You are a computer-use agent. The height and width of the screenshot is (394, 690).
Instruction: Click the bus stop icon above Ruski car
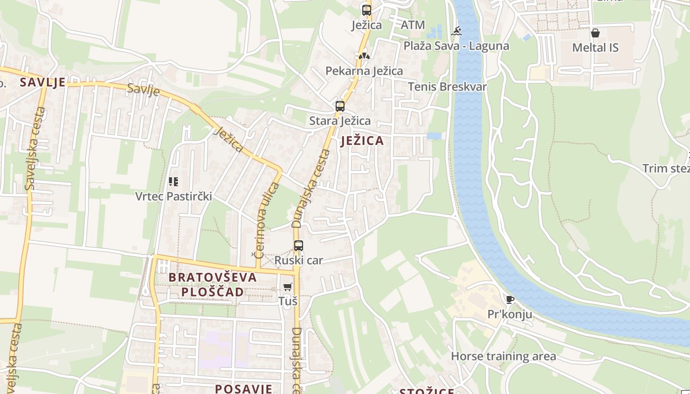coord(298,245)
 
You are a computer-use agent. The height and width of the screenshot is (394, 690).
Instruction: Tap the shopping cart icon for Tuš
coord(288,287)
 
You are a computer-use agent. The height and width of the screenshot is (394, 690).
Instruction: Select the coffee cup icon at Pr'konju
coord(510,299)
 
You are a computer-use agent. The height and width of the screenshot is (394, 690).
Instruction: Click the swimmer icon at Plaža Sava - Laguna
coord(457,32)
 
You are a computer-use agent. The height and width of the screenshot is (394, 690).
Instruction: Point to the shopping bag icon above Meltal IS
coord(595,33)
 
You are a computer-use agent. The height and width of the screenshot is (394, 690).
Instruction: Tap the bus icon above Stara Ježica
coord(340,106)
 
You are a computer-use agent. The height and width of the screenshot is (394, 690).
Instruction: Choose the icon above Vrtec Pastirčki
coord(173,182)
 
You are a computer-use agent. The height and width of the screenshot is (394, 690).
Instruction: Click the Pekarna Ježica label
coord(364,71)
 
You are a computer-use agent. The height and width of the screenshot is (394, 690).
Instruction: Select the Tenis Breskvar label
coord(447,87)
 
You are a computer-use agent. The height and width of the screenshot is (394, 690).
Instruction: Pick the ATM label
coord(413,25)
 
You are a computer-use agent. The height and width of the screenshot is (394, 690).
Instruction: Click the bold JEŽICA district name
coord(362,141)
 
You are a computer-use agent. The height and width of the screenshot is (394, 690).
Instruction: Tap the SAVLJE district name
coord(42,82)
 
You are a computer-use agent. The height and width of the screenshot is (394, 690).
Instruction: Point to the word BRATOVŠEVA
coord(213,277)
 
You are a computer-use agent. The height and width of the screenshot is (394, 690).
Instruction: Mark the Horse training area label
coord(503,356)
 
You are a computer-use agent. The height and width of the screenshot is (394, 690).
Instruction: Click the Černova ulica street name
coord(267,220)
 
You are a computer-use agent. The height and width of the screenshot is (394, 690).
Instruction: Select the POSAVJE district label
coord(243,389)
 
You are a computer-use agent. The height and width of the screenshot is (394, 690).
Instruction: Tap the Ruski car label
coord(299,260)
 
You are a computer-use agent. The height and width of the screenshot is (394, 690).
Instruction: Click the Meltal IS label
coord(595,48)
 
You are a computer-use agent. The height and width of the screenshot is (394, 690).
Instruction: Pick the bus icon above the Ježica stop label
coord(366,10)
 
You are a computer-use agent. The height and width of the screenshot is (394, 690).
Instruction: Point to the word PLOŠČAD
coord(212,292)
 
